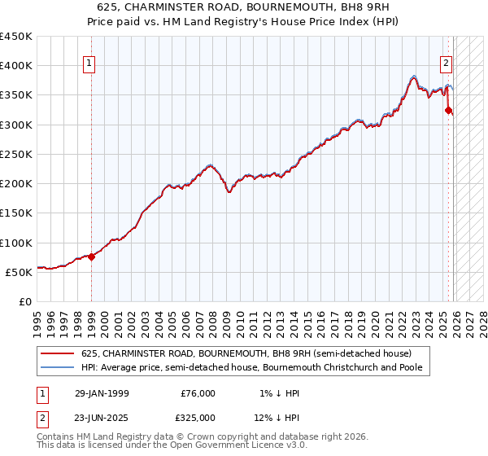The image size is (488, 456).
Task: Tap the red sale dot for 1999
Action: [91, 256]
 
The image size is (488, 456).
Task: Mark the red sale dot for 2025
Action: [448, 110]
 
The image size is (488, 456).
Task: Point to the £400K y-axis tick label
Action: [16, 66]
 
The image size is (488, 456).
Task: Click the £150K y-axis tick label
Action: [16, 213]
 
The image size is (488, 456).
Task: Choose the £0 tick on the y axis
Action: [24, 302]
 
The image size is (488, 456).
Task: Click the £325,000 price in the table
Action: [198, 416]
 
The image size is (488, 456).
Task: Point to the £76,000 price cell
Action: [198, 393]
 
